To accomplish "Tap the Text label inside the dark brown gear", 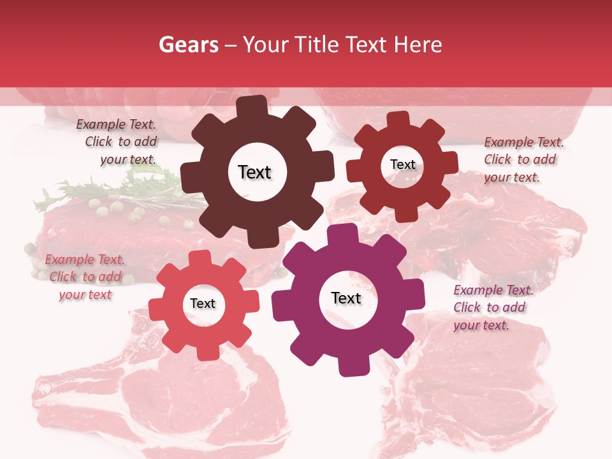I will [x=254, y=172].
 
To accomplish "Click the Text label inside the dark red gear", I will [x=402, y=164].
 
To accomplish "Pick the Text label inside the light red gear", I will [x=203, y=303].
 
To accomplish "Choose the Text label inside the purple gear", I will [x=346, y=298].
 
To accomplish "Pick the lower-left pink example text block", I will [x=85, y=277].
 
